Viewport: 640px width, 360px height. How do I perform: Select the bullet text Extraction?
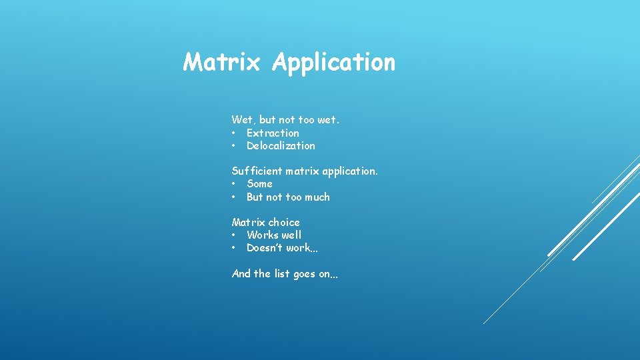pyautogui.click(x=273, y=133)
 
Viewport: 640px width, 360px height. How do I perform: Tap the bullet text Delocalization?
pyautogui.click(x=281, y=146)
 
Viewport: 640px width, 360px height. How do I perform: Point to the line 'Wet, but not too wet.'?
pyautogui.click(x=285, y=120)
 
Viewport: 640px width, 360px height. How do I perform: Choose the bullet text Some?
pyautogui.click(x=259, y=184)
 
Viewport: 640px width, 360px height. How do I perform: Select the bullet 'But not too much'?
pyautogui.click(x=288, y=197)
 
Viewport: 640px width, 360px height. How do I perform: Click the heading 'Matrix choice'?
pyautogui.click(x=265, y=222)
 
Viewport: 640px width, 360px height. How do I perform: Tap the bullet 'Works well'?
pyautogui.click(x=274, y=235)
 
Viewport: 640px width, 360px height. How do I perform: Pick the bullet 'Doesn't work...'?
pyautogui.click(x=282, y=248)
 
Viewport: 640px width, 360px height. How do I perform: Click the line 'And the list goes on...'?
pyautogui.click(x=285, y=274)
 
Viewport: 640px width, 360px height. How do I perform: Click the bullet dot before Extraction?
pyautogui.click(x=234, y=133)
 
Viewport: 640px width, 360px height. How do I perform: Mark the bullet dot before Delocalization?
pyautogui.click(x=234, y=146)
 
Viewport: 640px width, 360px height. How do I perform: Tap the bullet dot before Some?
pyautogui.click(x=234, y=184)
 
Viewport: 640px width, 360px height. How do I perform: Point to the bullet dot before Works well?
pyautogui.click(x=234, y=235)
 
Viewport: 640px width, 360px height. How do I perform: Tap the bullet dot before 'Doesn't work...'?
pyautogui.click(x=234, y=248)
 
